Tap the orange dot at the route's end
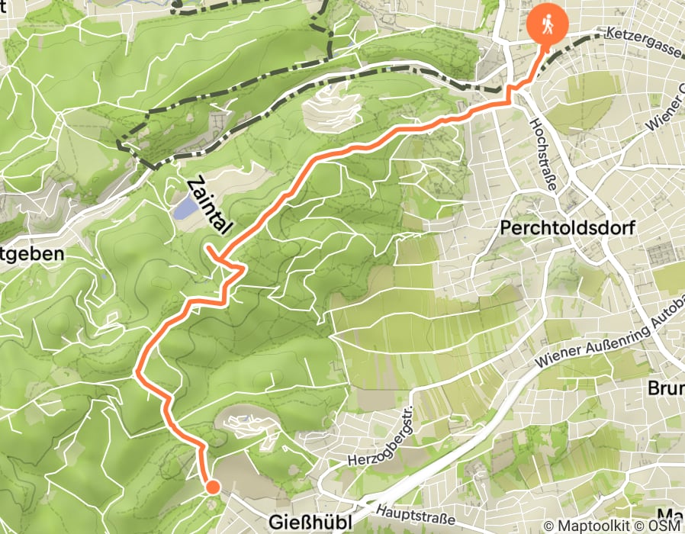212,486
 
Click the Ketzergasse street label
642,35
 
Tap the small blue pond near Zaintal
184,207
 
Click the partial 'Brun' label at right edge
665,388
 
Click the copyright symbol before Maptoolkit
550,526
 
